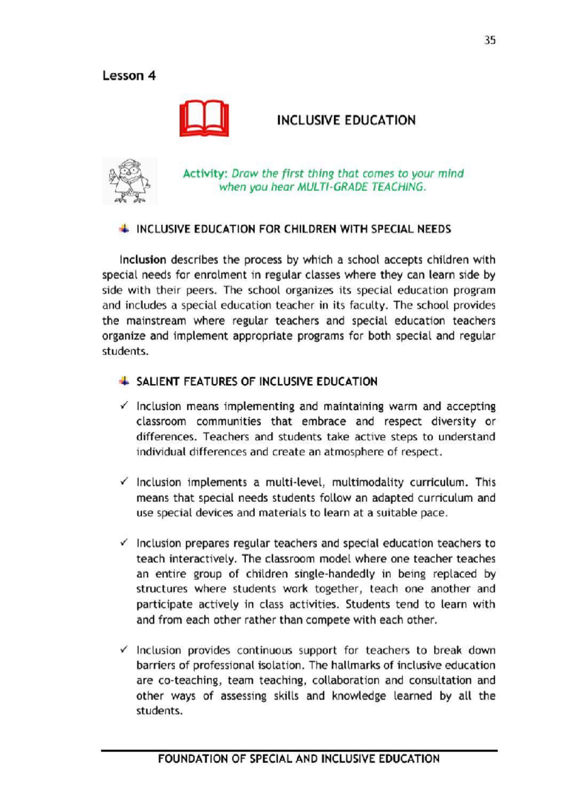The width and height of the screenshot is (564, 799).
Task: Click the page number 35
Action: click(490, 40)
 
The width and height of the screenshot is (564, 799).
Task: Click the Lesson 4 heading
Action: click(129, 76)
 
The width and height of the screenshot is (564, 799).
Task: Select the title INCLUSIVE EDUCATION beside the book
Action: click(346, 120)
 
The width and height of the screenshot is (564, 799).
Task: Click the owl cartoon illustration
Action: click(129, 181)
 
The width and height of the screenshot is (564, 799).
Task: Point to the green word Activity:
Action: click(205, 174)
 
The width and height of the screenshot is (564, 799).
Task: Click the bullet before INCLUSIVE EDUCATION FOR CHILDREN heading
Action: click(124, 229)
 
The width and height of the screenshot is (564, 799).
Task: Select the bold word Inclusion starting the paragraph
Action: click(143, 260)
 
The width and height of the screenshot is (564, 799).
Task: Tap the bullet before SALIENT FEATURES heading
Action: click(124, 381)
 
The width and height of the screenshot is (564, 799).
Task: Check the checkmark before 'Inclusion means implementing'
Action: click(124, 405)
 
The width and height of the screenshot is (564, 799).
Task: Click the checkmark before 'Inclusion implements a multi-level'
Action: click(124, 481)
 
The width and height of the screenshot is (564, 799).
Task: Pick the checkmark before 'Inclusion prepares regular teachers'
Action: click(124, 543)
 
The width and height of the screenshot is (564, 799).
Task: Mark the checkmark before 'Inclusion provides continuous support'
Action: click(124, 649)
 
